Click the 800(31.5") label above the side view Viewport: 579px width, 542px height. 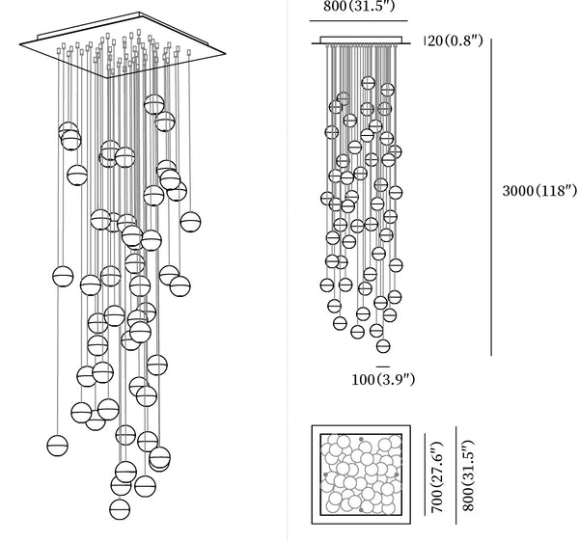[x=357, y=10]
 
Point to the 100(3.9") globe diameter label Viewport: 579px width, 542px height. [x=383, y=379]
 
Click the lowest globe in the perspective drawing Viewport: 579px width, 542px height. [x=120, y=507]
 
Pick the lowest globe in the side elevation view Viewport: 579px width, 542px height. [x=383, y=344]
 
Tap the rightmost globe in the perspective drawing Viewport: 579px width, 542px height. [x=190, y=223]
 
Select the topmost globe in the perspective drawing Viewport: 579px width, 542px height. [x=154, y=103]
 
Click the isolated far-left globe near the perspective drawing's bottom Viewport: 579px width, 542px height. [x=58, y=445]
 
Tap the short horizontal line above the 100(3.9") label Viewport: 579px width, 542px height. [x=383, y=366]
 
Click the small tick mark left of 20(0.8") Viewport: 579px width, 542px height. [x=426, y=41]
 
